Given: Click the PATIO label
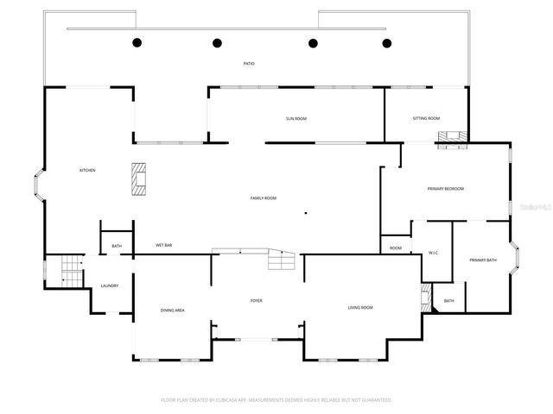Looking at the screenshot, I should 249,64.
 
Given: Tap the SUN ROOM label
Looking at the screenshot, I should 296,118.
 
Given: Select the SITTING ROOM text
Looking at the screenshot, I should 426,118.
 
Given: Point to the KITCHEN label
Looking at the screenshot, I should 87,170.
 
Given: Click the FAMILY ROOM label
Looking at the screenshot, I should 264,198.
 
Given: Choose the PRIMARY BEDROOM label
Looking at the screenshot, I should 446,189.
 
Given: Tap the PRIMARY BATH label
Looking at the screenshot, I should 482,260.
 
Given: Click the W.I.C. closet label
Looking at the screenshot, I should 434,253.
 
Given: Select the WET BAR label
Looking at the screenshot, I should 163,246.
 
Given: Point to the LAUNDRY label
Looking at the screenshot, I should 109,285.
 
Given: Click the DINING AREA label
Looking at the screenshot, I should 172,310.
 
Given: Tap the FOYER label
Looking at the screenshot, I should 257,300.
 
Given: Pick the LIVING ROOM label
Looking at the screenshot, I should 360,307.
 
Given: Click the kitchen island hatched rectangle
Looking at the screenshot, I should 139,179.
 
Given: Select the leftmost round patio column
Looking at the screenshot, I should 136,42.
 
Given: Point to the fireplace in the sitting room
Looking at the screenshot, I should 451,138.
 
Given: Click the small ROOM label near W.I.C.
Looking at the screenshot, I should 396,248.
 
